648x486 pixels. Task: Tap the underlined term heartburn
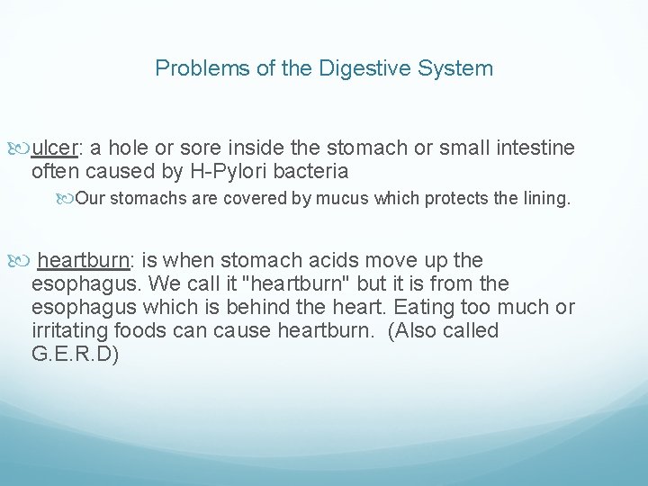pyautogui.click(x=84, y=261)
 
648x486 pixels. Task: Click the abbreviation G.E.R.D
pyautogui.click(x=75, y=355)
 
